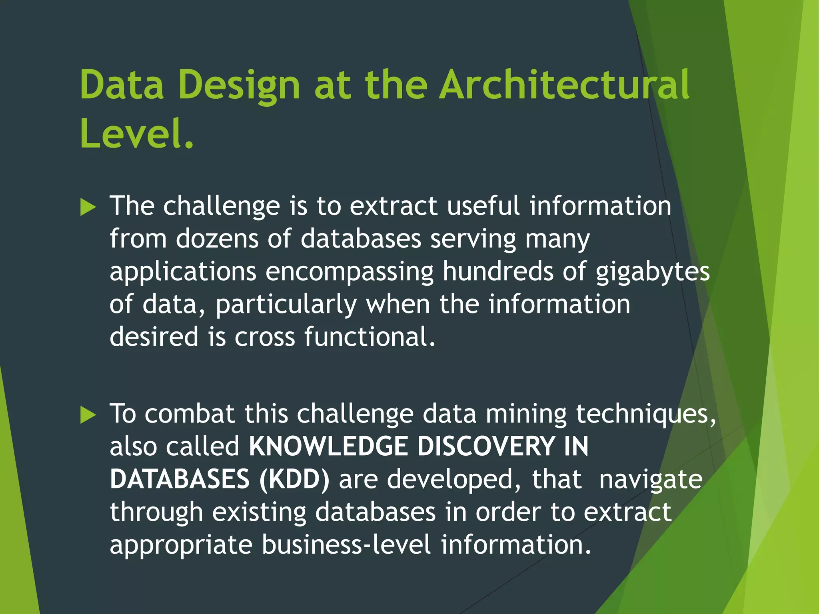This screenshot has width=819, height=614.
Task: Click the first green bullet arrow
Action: (x=88, y=207)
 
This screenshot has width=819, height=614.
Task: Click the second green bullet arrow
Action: (x=88, y=415)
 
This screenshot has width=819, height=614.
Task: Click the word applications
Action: (x=183, y=272)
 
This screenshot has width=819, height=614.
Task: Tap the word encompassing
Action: (x=350, y=272)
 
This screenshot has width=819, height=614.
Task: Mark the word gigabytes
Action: (x=653, y=272)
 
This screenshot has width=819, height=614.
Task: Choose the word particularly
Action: (x=286, y=305)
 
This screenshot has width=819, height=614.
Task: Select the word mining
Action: (x=526, y=414)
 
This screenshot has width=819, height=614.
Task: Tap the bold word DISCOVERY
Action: (x=486, y=446)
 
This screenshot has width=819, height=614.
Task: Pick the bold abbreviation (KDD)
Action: (x=294, y=479)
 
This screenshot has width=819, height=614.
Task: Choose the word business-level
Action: (x=346, y=544)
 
